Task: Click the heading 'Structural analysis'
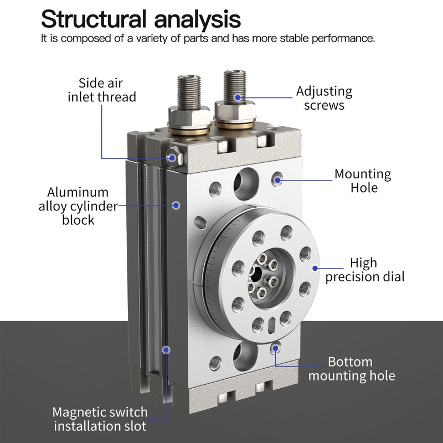pos(141,19)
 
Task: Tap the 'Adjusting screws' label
pos(324,98)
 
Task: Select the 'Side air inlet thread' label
pos(102,90)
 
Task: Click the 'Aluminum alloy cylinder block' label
pos(78,206)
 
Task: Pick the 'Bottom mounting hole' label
pos(352,369)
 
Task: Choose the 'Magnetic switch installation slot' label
pos(100,419)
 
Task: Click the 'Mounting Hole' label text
pos(362,181)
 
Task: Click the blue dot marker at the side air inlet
pos(173,158)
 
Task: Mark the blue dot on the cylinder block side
pos(176,205)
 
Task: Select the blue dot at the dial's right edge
pos(316,268)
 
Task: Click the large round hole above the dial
pos(244,180)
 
